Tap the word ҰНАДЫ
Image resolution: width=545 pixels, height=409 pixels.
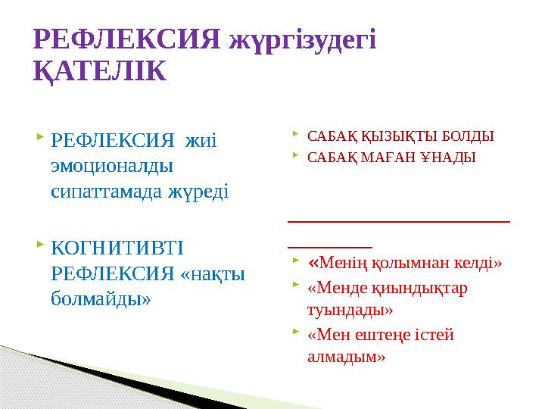coord(447,158)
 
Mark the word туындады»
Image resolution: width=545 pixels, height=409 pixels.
coord(350,311)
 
